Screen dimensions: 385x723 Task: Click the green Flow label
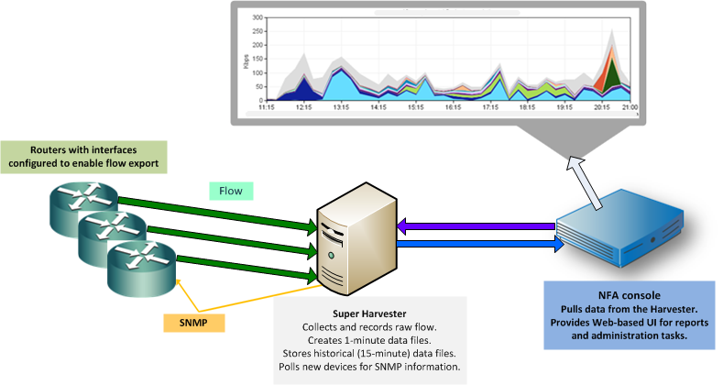pos(230,191)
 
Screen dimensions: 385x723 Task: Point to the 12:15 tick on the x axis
pos(304,107)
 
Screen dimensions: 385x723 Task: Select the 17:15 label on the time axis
pos(489,107)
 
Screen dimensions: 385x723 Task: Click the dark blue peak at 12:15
pos(303,89)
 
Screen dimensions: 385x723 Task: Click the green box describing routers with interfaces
pos(84,156)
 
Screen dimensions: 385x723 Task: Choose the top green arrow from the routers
pos(220,206)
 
